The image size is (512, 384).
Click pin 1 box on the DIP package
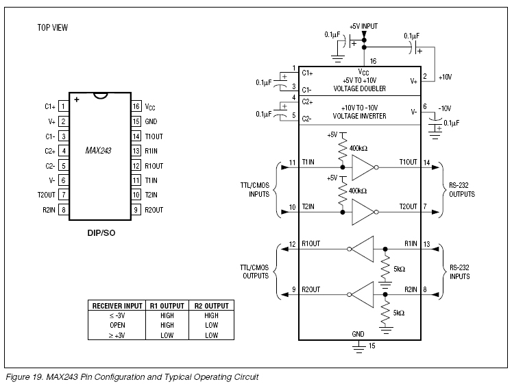[x=63, y=106]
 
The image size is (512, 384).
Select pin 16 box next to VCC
[x=136, y=106]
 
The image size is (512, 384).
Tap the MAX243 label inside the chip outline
[x=98, y=151]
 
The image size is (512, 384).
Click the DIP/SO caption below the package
[x=101, y=233]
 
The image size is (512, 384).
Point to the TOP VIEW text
[x=53, y=28]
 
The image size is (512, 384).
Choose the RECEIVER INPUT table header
[x=117, y=306]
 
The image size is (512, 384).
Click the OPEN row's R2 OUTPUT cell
[x=212, y=325]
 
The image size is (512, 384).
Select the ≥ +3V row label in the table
[x=117, y=335]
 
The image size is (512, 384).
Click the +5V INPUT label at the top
[x=364, y=26]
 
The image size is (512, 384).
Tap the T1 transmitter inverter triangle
[x=363, y=167]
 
